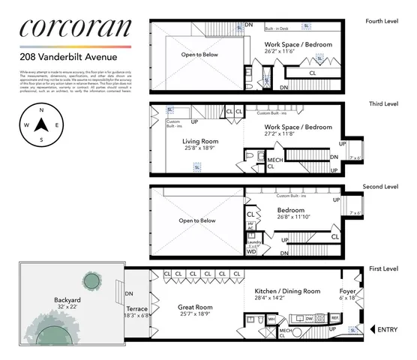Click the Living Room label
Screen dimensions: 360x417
[199, 140]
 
